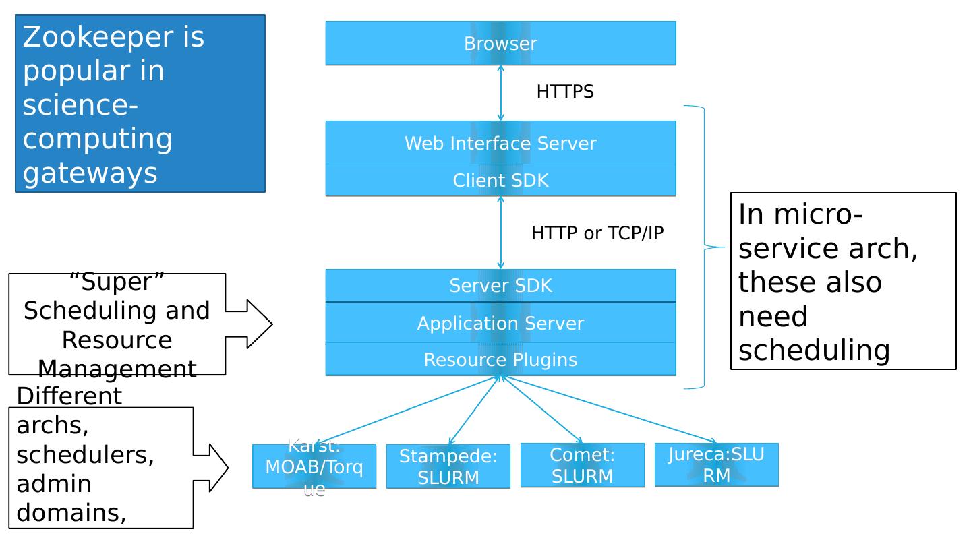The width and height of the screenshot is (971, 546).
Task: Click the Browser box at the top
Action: [x=500, y=43]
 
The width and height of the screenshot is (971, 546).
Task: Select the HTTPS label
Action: [x=565, y=92]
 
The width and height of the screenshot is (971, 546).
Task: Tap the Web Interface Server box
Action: [x=500, y=143]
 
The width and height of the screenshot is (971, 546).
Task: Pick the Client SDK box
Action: [x=500, y=181]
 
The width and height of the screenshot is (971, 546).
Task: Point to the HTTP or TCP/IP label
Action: [x=597, y=233]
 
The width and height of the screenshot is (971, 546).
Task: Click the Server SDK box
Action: [x=500, y=286]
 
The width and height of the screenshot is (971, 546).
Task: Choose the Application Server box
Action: [x=500, y=324]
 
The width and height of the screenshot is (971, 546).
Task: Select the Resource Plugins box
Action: [x=500, y=360]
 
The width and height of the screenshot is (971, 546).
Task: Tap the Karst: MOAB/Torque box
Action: [x=314, y=466]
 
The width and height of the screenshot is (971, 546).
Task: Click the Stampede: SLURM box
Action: [x=448, y=466]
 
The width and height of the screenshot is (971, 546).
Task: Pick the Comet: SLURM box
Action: [x=583, y=465]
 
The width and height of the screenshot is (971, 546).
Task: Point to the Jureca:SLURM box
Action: [x=717, y=464]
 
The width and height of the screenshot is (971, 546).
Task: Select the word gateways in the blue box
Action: [x=90, y=173]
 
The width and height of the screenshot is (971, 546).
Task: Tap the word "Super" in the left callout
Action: [x=117, y=282]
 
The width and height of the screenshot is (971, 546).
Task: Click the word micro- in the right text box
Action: [x=800, y=214]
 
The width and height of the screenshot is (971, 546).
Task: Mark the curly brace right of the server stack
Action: [x=705, y=247]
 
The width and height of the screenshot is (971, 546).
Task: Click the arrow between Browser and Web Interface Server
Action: [x=500, y=93]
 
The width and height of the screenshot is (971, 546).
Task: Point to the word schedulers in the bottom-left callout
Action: [x=85, y=455]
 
